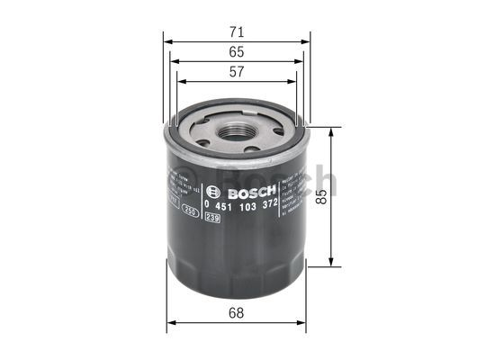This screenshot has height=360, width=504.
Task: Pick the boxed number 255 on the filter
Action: (x=190, y=211)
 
